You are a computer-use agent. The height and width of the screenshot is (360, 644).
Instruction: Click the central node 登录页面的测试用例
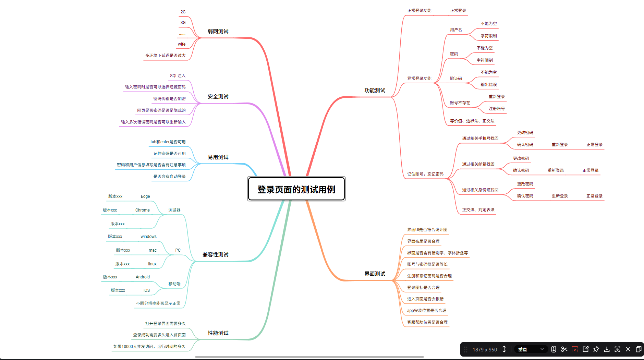[296, 189]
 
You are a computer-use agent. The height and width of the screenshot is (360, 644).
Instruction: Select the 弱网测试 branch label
[218, 31]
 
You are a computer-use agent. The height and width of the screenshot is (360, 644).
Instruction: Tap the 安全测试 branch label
[218, 96]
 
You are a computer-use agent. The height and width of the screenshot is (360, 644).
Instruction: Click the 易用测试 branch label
[218, 157]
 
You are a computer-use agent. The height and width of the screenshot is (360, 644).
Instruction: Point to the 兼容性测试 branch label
[215, 254]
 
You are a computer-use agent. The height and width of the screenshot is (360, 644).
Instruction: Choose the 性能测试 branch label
[218, 333]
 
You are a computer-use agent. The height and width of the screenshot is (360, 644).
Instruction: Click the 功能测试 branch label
[375, 90]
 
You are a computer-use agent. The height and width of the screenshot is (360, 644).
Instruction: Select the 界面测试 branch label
[375, 274]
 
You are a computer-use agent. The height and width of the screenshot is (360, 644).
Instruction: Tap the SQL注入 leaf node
[178, 76]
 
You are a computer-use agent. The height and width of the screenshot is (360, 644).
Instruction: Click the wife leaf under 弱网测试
[182, 44]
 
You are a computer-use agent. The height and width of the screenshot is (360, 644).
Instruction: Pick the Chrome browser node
[142, 210]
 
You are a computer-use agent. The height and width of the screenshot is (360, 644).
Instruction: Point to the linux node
[152, 264]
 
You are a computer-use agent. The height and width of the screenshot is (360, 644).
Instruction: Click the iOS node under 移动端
[147, 290]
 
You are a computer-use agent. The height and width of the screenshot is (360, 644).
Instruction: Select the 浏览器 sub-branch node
[174, 210]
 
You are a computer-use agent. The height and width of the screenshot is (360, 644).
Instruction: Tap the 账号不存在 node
[460, 103]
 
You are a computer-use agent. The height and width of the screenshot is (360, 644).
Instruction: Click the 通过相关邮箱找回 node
[478, 164]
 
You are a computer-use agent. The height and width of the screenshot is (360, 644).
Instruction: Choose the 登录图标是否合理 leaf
[423, 288]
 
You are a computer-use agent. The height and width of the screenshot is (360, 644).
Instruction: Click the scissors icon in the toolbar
[564, 349]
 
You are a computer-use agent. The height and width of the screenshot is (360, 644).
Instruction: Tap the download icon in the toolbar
[607, 349]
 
